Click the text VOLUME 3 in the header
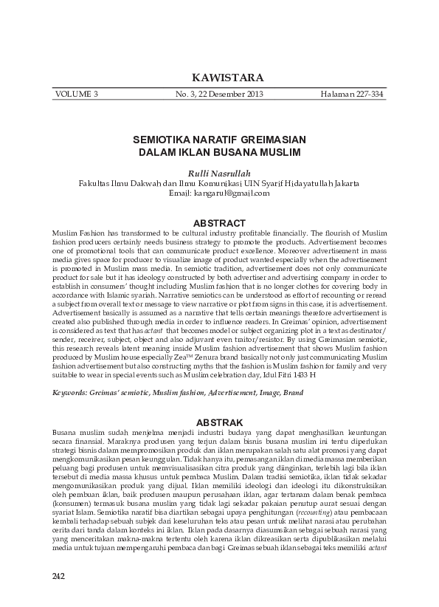click(x=76, y=95)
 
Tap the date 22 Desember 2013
click(x=229, y=95)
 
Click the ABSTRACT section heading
click(x=219, y=223)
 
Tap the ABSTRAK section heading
click(x=219, y=422)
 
